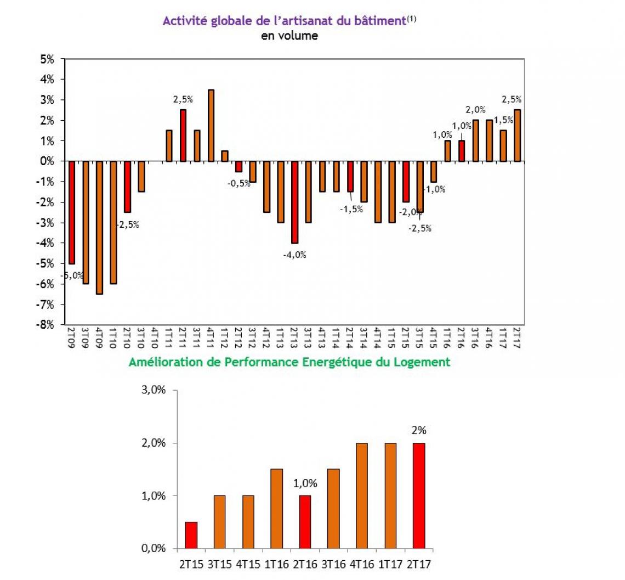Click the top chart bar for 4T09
[x=99, y=227]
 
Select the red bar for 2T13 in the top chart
[x=294, y=202]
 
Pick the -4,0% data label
[x=295, y=255]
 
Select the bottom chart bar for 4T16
[x=362, y=495]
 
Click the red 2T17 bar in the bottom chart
[x=418, y=495]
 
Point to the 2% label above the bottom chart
[x=418, y=430]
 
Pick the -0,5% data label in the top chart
[x=239, y=184]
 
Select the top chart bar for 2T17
[x=517, y=136]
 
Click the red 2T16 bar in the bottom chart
[x=305, y=522]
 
